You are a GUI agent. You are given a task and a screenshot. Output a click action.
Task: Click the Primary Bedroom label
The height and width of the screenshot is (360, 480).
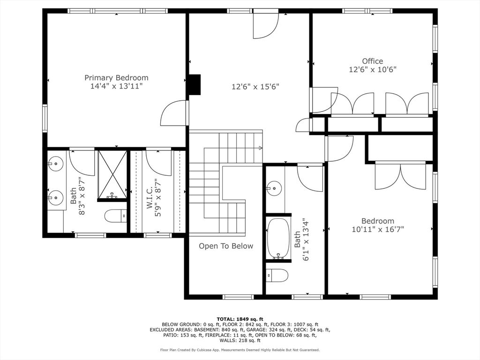pos(116,78)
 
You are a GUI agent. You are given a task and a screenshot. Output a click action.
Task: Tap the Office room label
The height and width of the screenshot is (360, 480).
pos(373,61)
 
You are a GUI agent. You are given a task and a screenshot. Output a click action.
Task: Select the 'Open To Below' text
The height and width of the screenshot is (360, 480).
pos(226,246)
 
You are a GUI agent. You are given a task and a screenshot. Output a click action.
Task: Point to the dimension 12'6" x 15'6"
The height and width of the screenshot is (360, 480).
pos(255,87)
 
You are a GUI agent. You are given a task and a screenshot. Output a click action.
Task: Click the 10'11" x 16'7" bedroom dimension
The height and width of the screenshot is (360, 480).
pos(378,229)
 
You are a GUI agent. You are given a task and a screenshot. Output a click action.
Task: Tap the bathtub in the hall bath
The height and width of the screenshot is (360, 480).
pos(278,239)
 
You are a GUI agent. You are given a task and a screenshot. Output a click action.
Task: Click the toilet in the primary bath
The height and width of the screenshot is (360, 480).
pos(116,216)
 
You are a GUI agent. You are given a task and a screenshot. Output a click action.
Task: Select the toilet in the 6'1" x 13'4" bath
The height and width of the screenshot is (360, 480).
pos(277,276)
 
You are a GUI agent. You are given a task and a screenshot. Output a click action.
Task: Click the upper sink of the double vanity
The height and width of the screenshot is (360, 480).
pos(55,163)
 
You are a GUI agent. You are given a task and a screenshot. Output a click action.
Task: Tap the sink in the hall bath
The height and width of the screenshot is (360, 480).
pos(274,188)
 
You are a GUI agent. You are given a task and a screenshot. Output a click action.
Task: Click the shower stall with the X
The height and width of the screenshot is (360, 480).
pos(112,175)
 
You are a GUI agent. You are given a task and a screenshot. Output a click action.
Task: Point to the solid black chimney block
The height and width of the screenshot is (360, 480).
pos(195,85)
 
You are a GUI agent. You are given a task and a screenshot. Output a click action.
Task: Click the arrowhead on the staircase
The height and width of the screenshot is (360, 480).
pos(260,148)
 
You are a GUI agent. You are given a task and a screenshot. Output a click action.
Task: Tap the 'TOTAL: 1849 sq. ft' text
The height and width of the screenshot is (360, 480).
pos(240,319)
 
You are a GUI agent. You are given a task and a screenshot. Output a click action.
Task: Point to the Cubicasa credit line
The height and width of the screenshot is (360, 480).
pos(240,350)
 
